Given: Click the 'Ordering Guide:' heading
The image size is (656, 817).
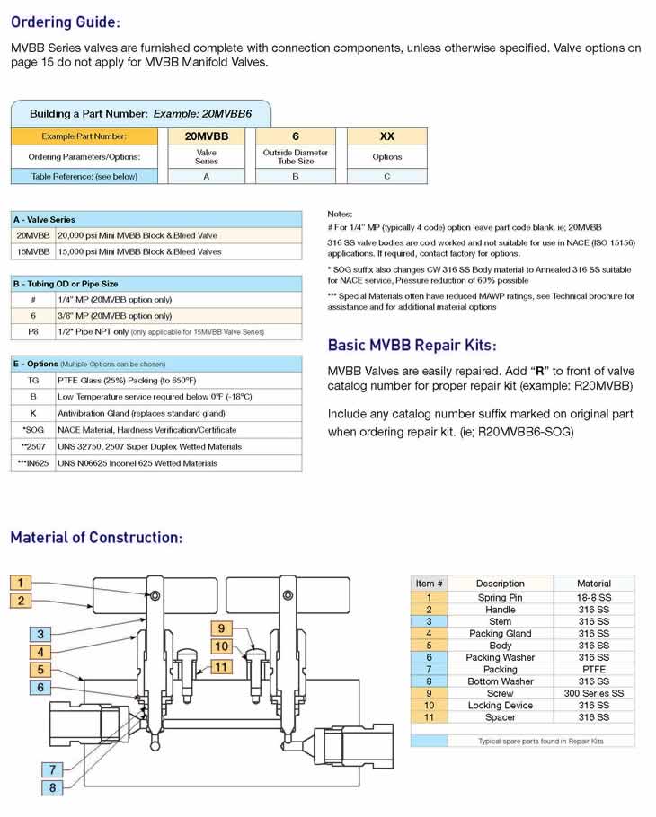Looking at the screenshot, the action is [66, 22].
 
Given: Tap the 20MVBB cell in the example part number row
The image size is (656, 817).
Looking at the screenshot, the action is [207, 136].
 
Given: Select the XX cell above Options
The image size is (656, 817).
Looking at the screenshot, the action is [387, 136].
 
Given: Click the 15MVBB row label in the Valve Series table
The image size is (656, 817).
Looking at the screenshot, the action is [33, 251].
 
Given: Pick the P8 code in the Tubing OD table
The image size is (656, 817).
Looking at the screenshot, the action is [33, 332].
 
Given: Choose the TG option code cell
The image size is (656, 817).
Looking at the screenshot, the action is [33, 381].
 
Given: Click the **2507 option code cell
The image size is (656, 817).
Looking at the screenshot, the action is [33, 446].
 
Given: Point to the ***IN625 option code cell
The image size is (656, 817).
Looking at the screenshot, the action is [33, 463].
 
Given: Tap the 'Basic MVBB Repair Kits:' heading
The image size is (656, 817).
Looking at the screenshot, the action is [412, 345].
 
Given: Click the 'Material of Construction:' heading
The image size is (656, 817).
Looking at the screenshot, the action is [96, 537].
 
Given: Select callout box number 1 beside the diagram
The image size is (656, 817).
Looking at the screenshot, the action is [21, 583].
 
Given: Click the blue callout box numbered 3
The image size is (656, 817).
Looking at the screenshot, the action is [40, 634].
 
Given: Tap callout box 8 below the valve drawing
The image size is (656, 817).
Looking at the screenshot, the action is [52, 787].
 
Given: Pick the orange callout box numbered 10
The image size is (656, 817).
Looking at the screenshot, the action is [222, 646].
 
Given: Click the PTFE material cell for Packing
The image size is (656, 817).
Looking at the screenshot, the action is [593, 669].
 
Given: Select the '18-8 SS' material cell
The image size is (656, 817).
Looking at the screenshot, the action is [593, 598].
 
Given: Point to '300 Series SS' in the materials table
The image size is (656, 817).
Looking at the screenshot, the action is [593, 693].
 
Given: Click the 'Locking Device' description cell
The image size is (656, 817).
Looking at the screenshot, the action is [500, 705].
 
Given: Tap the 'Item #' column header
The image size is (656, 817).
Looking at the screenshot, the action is [430, 584].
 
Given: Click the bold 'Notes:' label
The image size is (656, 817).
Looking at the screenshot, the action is [340, 214].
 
